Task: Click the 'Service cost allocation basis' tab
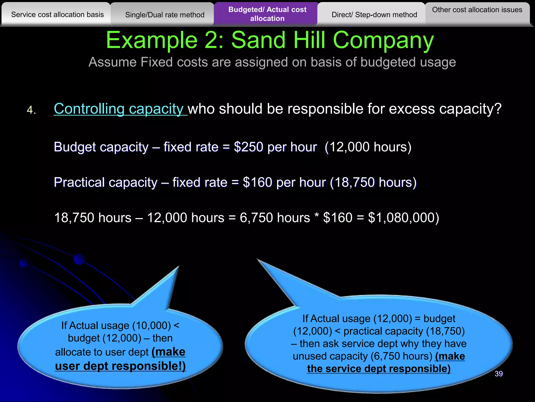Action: (57, 15)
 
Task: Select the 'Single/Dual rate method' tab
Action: (165, 15)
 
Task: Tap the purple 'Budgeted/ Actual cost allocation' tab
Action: (267, 14)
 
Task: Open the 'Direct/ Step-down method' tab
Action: (374, 15)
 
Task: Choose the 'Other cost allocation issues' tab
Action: (477, 10)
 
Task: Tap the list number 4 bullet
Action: (31, 110)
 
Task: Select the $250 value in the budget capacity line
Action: (248, 147)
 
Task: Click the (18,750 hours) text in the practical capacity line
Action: (373, 182)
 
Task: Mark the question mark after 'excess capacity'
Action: (498, 109)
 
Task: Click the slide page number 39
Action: (498, 374)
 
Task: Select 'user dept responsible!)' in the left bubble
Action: (120, 366)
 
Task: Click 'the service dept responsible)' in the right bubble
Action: (379, 368)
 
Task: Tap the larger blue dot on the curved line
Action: (79, 259)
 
